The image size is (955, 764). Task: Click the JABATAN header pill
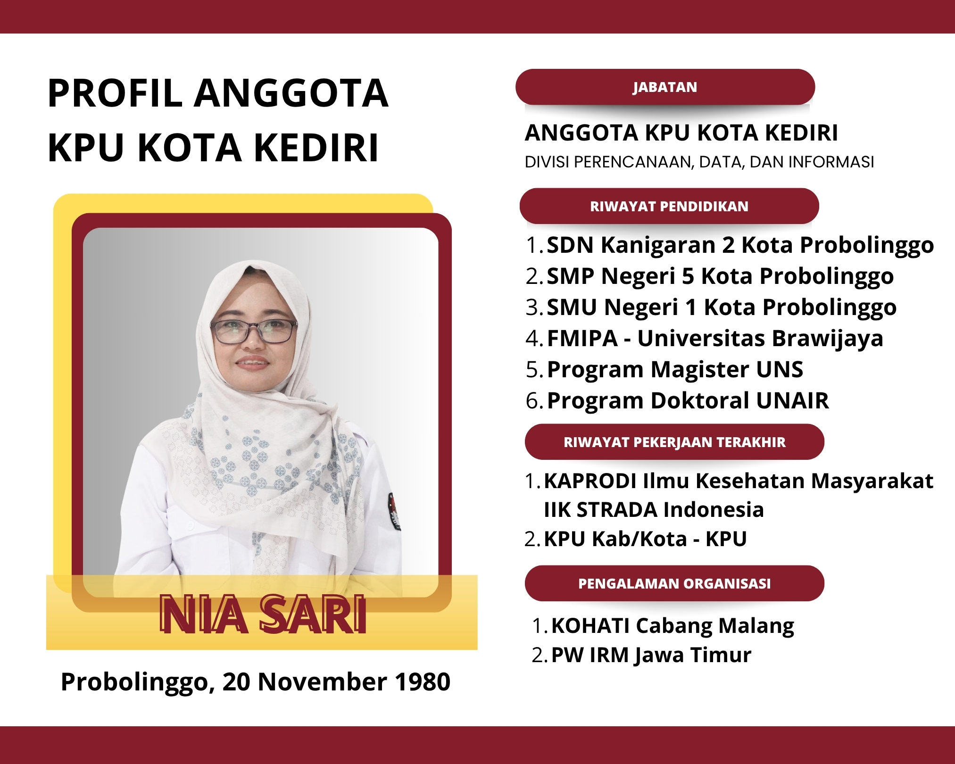665,87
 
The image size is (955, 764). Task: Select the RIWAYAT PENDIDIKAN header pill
669,206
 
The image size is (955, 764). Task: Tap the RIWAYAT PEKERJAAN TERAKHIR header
674,442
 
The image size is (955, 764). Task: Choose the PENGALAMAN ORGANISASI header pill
674,583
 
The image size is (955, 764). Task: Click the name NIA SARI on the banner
263,614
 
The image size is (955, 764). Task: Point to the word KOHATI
590,626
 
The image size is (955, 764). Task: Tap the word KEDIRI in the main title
316,148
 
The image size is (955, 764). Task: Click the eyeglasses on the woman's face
254,332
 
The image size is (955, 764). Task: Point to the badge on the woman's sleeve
394,511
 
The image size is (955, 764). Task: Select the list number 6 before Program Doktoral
532,401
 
